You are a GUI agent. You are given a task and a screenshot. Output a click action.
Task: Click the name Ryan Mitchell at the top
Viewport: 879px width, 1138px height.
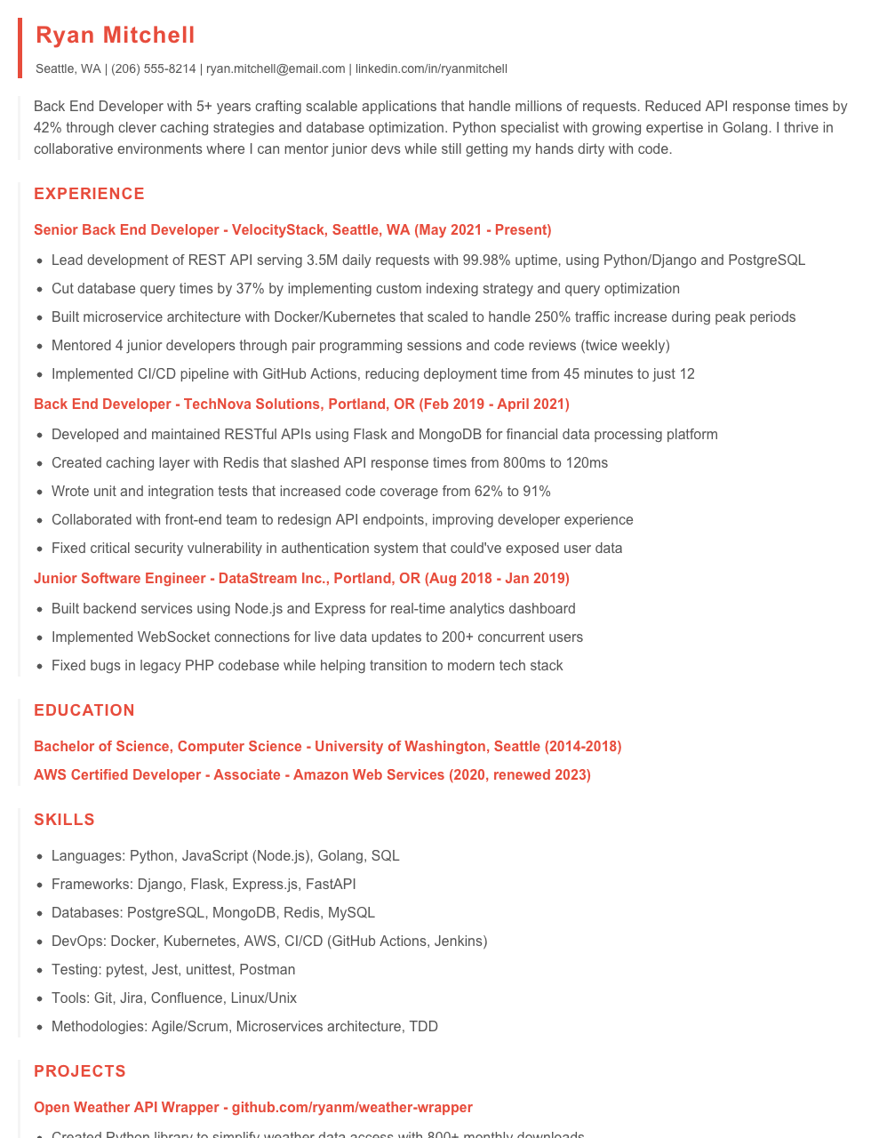(116, 35)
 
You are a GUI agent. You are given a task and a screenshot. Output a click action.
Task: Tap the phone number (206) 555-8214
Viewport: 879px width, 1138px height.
(154, 68)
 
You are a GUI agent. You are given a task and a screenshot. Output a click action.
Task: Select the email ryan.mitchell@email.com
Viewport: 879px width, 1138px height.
(276, 68)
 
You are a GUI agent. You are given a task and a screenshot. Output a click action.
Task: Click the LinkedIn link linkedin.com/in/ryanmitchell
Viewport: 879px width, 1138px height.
(431, 68)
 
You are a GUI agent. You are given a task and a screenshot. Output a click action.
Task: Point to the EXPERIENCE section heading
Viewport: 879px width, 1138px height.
(89, 194)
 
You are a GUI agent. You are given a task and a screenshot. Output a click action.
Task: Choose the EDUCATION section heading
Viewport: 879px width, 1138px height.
(84, 710)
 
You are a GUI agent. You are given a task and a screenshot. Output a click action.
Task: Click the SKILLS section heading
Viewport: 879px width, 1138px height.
(64, 820)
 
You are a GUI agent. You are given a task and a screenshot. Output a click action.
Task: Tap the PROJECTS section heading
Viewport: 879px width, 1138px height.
(80, 1071)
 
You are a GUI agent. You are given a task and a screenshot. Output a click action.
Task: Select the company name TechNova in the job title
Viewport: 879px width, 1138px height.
(213, 405)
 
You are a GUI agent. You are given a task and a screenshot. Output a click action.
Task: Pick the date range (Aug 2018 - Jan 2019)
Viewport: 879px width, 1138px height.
(497, 579)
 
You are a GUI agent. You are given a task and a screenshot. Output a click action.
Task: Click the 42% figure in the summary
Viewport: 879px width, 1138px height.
(48, 127)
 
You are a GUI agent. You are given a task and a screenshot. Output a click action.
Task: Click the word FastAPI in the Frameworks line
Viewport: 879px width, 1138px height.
(331, 885)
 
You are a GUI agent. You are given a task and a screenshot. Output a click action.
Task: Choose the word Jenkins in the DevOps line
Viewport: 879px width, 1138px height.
(458, 942)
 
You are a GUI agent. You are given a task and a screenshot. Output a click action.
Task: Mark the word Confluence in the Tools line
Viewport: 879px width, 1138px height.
(187, 998)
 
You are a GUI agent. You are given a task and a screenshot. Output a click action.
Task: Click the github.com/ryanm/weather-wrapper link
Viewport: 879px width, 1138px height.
(352, 1108)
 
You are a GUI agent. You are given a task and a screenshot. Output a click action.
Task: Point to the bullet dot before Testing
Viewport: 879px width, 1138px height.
(39, 970)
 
